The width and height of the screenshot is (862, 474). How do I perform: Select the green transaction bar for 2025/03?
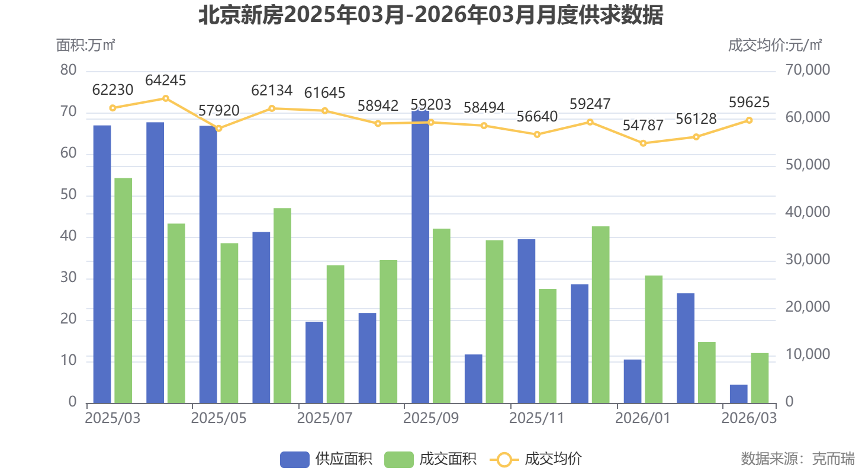point(123,290)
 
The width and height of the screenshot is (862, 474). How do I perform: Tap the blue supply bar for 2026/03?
point(738,393)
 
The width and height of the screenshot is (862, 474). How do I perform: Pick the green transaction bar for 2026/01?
point(654,339)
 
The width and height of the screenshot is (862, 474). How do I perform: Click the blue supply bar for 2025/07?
point(314,362)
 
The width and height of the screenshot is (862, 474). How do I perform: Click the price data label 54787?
point(643,126)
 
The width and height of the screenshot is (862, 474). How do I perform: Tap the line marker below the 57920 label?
point(218,129)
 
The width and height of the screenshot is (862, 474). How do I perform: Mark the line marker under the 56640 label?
point(537,134)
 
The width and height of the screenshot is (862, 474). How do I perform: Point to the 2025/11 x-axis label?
point(536,418)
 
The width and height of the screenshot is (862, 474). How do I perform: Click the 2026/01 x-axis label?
point(643,418)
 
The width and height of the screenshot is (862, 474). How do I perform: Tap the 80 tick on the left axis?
point(69,71)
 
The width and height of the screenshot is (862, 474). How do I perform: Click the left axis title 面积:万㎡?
point(85,45)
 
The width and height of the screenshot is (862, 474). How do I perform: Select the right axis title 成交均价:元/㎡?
point(775,45)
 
